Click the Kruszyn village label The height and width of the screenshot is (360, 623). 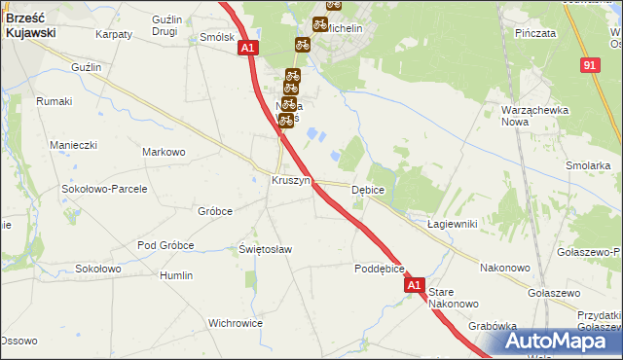tap(290, 181)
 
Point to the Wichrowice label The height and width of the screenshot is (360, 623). tap(236, 322)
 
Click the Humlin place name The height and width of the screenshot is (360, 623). tap(176, 275)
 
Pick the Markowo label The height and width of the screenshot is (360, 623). tap(164, 152)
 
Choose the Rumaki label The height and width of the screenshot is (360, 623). tap(55, 101)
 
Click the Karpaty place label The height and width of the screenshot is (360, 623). tap(114, 34)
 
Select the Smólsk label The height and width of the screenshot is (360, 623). tap(216, 37)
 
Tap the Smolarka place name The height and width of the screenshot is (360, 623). tap(587, 165)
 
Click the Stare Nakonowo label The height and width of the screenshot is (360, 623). tap(455, 297)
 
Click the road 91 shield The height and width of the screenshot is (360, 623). tap(590, 64)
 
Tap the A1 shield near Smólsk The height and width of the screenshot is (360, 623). tap(247, 47)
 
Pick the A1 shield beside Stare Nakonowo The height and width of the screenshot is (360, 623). tap(415, 285)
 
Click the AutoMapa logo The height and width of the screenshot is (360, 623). tap(564, 342)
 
